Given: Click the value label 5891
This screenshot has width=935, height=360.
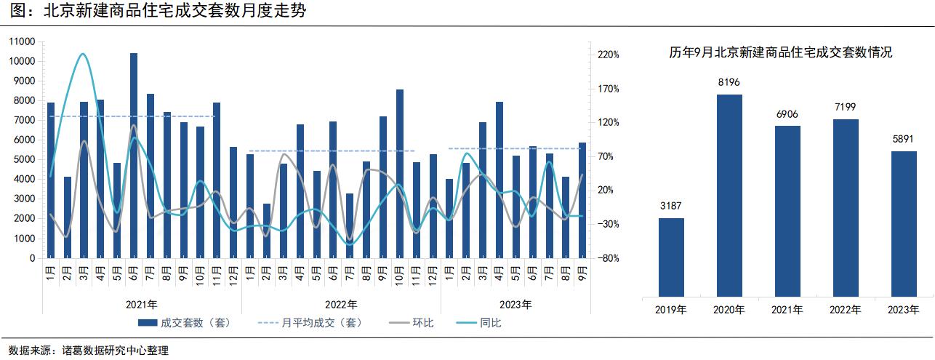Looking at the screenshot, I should (903, 139).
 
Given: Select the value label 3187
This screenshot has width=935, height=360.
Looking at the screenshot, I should (671, 206).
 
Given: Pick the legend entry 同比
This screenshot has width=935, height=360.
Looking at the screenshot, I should (479, 323).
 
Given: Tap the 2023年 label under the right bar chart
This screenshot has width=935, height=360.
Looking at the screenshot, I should (903, 310).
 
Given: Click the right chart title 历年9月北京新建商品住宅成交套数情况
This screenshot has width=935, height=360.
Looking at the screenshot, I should (780, 52).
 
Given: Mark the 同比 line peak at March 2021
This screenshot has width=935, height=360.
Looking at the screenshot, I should (83, 54).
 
